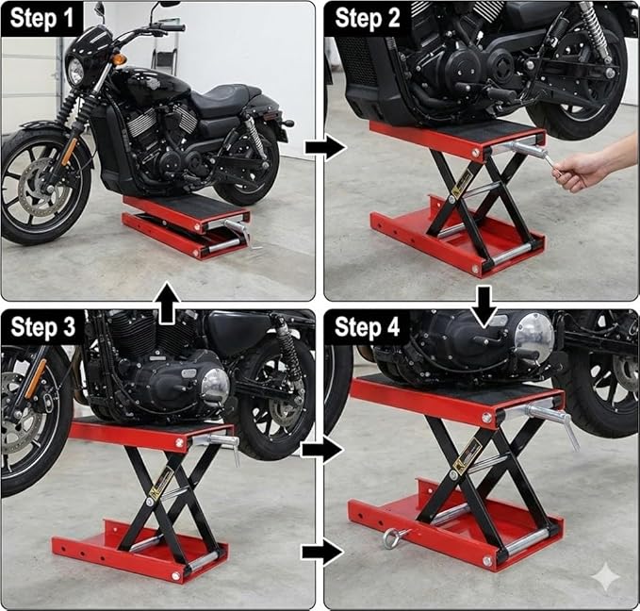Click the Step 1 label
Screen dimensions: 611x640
(41, 18)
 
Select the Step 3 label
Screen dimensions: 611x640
(41, 327)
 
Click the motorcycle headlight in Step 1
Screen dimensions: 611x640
(75, 71)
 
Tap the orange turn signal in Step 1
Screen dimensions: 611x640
(119, 58)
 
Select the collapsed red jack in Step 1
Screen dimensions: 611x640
(184, 225)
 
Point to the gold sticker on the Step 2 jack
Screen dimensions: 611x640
(460, 186)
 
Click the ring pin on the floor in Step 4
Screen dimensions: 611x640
(394, 538)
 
